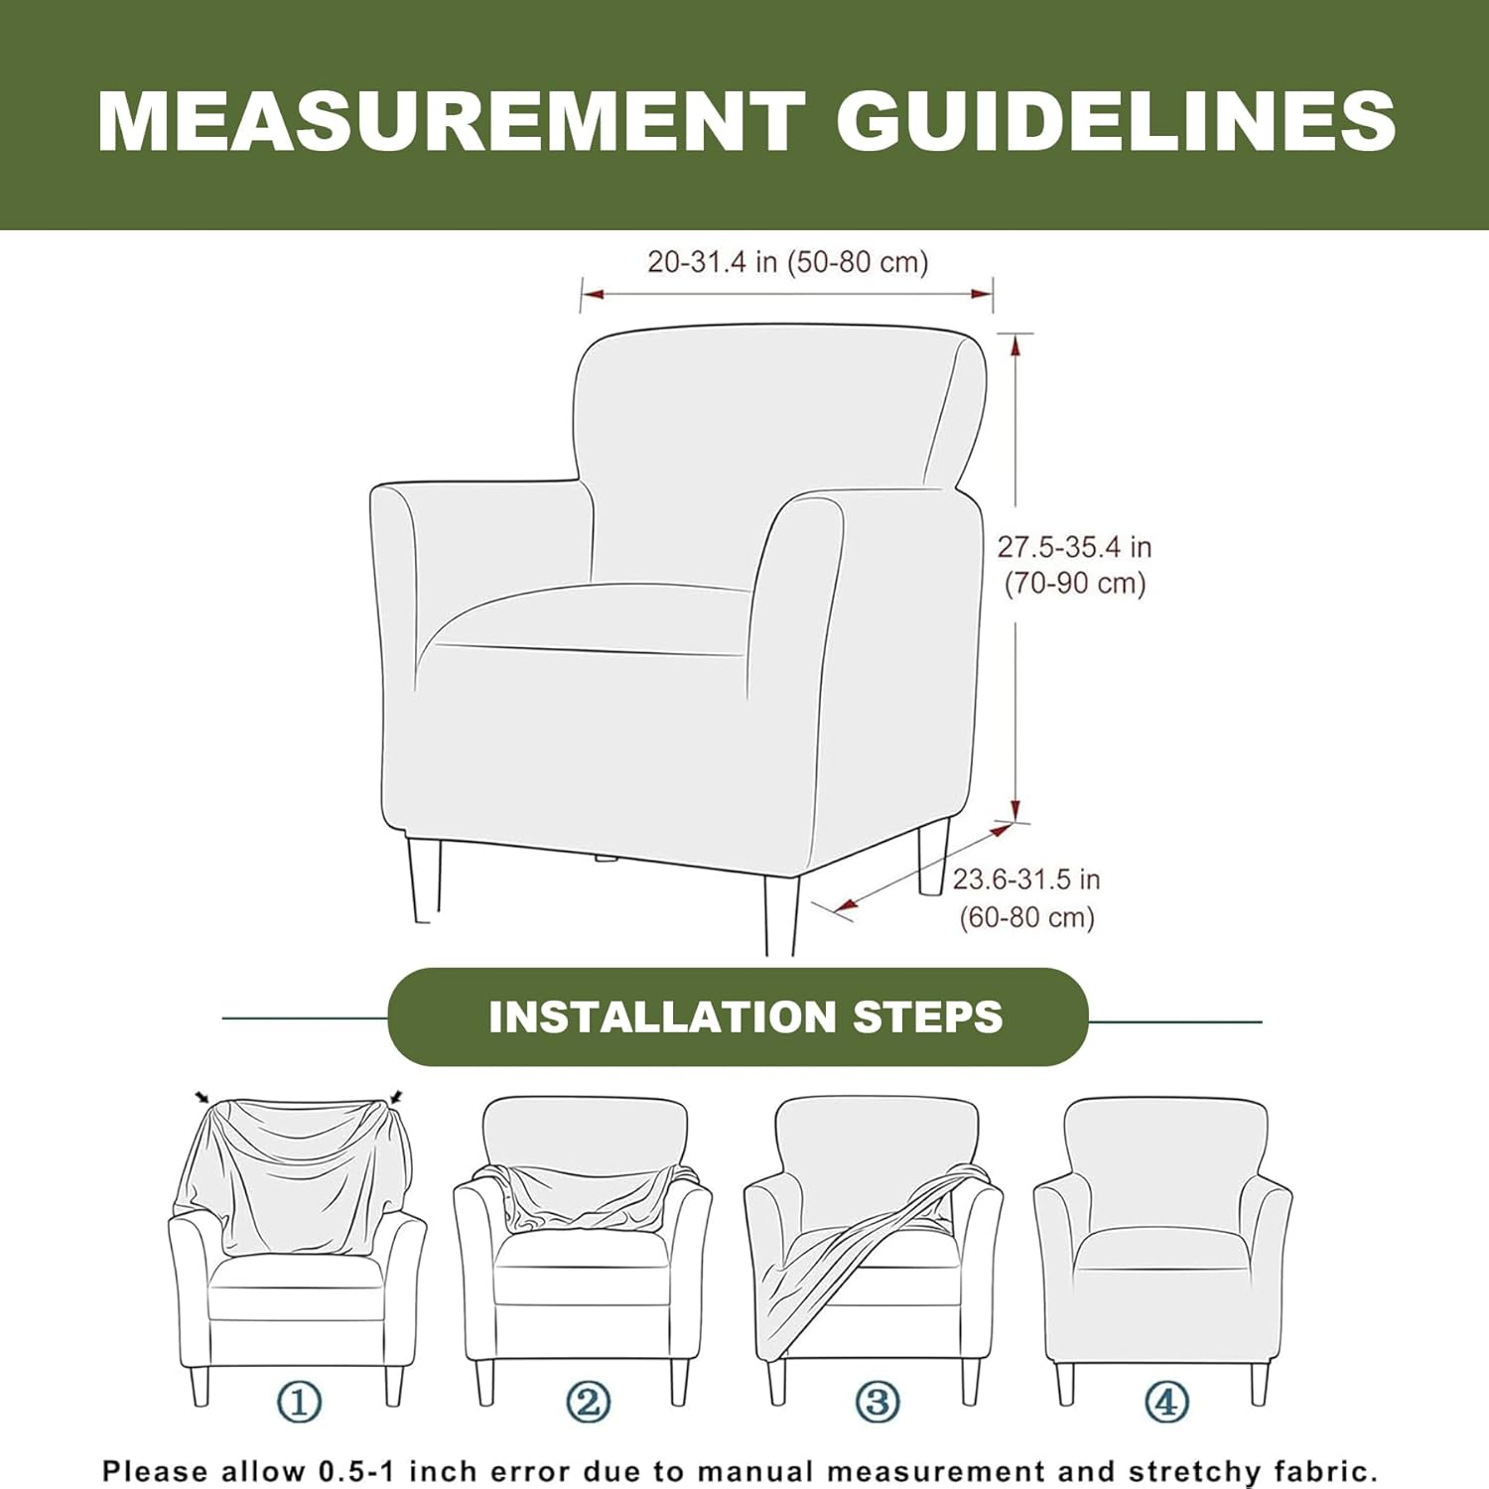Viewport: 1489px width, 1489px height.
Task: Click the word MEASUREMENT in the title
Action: click(452, 120)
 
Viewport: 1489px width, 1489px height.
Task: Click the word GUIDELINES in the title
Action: click(1117, 120)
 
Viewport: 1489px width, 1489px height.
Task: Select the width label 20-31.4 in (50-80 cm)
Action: click(788, 262)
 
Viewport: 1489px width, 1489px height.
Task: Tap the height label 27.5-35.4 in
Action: click(1074, 547)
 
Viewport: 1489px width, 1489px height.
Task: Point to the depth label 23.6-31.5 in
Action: click(1026, 880)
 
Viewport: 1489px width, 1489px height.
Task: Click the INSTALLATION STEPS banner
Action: click(738, 1016)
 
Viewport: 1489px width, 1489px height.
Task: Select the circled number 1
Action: click(299, 1403)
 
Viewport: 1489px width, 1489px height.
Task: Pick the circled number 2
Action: click(588, 1403)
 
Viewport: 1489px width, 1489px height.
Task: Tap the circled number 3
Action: click(878, 1403)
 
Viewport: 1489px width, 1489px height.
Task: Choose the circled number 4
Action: click(1166, 1403)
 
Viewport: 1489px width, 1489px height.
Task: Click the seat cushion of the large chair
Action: click(586, 617)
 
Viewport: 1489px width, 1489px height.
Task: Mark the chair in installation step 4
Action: click(1162, 1251)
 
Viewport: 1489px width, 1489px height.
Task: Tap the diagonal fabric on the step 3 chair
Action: click(854, 1266)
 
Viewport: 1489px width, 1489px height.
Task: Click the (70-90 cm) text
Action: click(1075, 583)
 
